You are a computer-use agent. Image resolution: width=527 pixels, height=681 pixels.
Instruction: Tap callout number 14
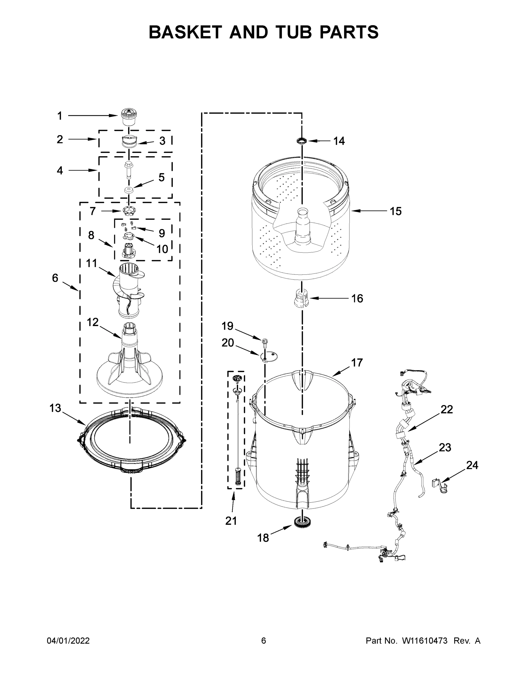[x=339, y=141]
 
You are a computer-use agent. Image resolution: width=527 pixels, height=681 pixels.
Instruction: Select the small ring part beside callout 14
[x=302, y=141]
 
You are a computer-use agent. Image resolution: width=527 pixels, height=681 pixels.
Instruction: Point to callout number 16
[x=357, y=299]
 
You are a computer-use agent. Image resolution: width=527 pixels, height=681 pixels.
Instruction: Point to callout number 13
[x=55, y=408]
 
